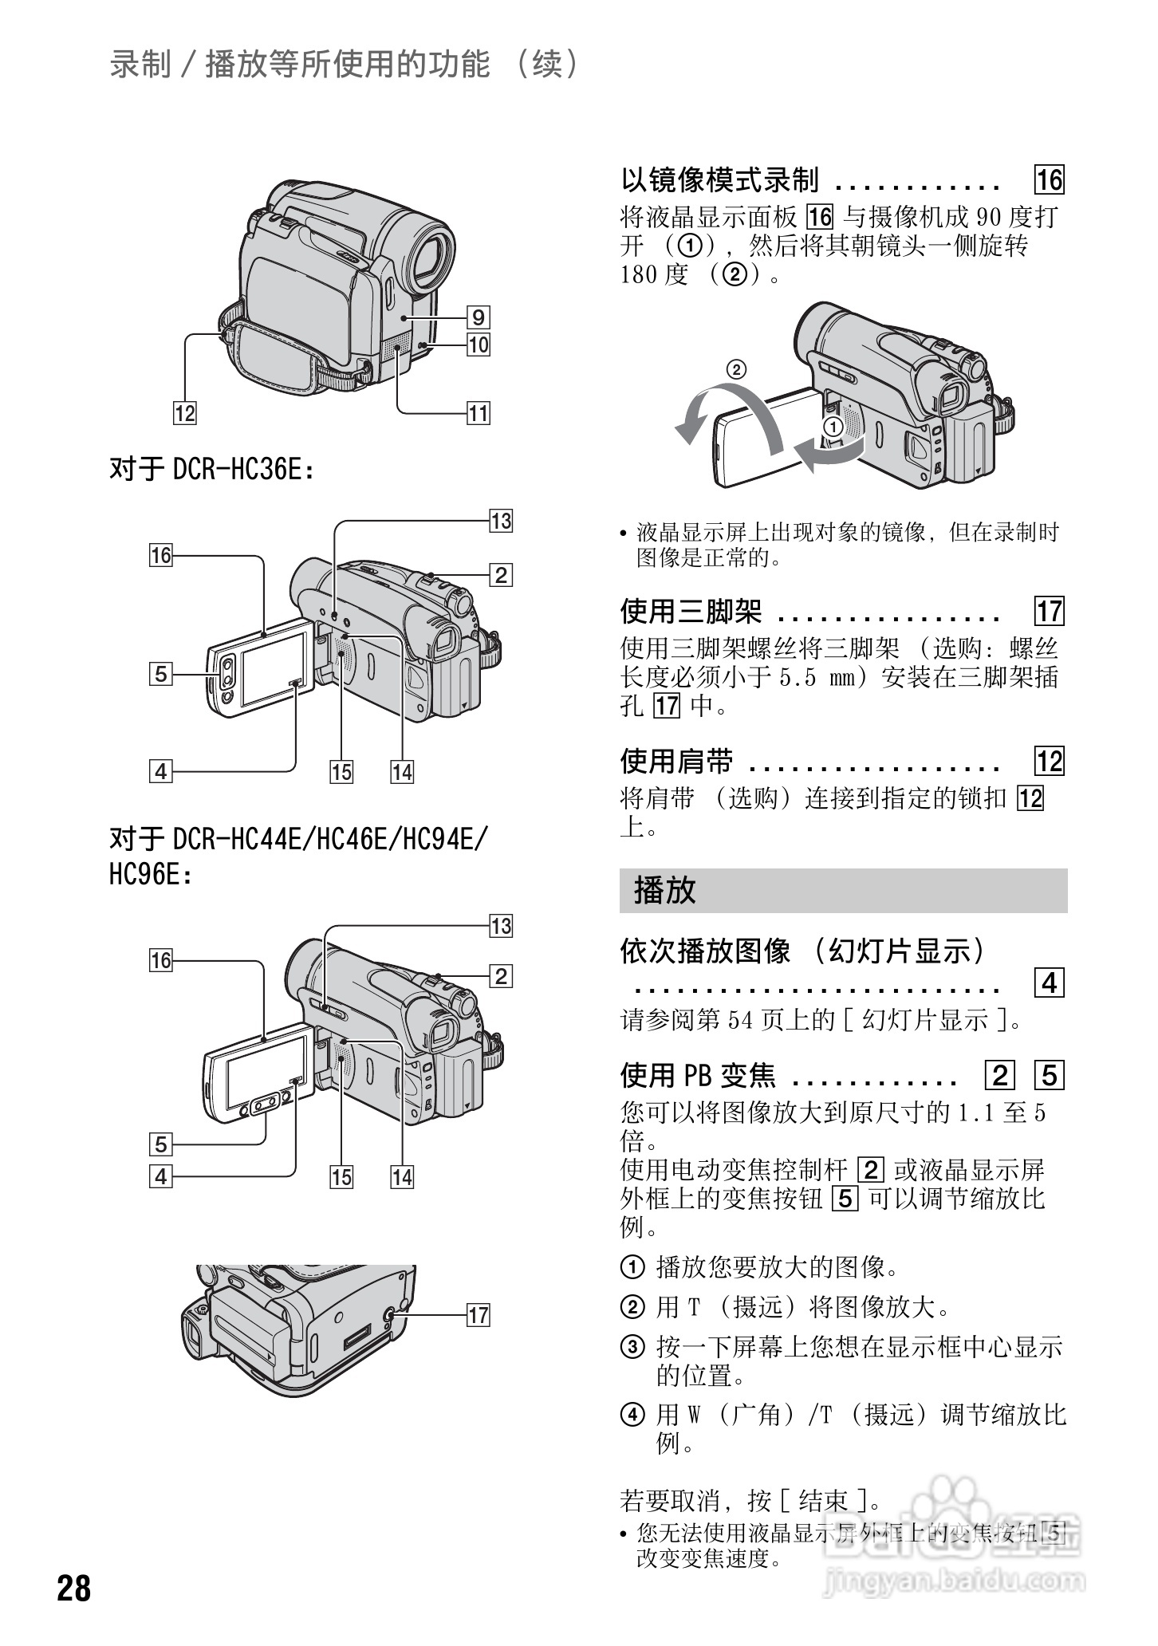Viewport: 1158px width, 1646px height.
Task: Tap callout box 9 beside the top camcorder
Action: click(x=478, y=317)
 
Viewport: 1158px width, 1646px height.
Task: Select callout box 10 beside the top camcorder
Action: click(x=478, y=345)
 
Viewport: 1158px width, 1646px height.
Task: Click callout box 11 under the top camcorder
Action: click(x=478, y=413)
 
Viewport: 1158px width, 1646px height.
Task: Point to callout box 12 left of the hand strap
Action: click(x=184, y=413)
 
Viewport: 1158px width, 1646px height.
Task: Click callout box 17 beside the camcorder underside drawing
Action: click(x=478, y=1315)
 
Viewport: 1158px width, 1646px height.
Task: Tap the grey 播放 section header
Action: click(x=842, y=891)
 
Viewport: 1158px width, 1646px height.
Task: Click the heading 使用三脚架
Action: click(x=691, y=612)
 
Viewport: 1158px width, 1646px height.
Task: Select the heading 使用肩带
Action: click(x=676, y=762)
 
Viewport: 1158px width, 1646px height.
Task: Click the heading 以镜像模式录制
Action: click(x=719, y=180)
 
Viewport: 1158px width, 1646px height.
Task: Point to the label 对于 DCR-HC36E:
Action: click(x=211, y=469)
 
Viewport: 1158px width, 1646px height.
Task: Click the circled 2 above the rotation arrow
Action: click(x=736, y=369)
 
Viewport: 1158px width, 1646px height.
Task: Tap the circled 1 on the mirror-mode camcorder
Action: click(x=832, y=427)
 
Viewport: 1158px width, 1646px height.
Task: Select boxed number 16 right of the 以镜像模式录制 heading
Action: click(x=1050, y=180)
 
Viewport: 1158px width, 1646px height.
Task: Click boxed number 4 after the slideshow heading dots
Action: click(x=1050, y=983)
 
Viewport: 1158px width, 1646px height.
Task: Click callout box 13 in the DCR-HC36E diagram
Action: click(x=500, y=522)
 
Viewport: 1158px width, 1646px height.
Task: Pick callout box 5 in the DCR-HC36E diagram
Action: click(x=161, y=675)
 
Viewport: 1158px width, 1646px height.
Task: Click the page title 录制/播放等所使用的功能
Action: click(x=299, y=65)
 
